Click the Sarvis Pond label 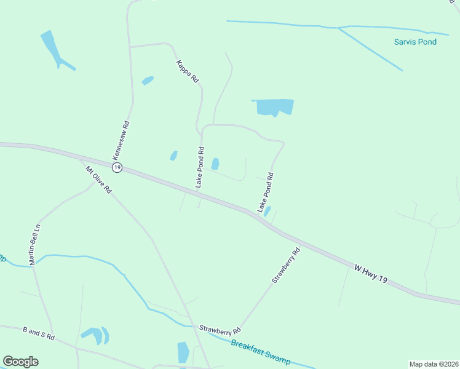click(x=415, y=42)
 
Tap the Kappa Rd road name click(x=188, y=71)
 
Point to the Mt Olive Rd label click(x=98, y=180)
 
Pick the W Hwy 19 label click(x=371, y=274)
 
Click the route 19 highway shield click(x=117, y=167)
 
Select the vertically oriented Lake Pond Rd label click(x=199, y=167)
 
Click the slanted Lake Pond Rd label click(x=266, y=193)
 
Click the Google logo click(x=20, y=361)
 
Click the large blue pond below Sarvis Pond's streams click(x=273, y=107)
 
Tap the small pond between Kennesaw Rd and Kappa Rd click(x=148, y=81)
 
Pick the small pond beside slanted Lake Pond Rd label click(x=267, y=211)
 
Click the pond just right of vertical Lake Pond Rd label click(x=215, y=164)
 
